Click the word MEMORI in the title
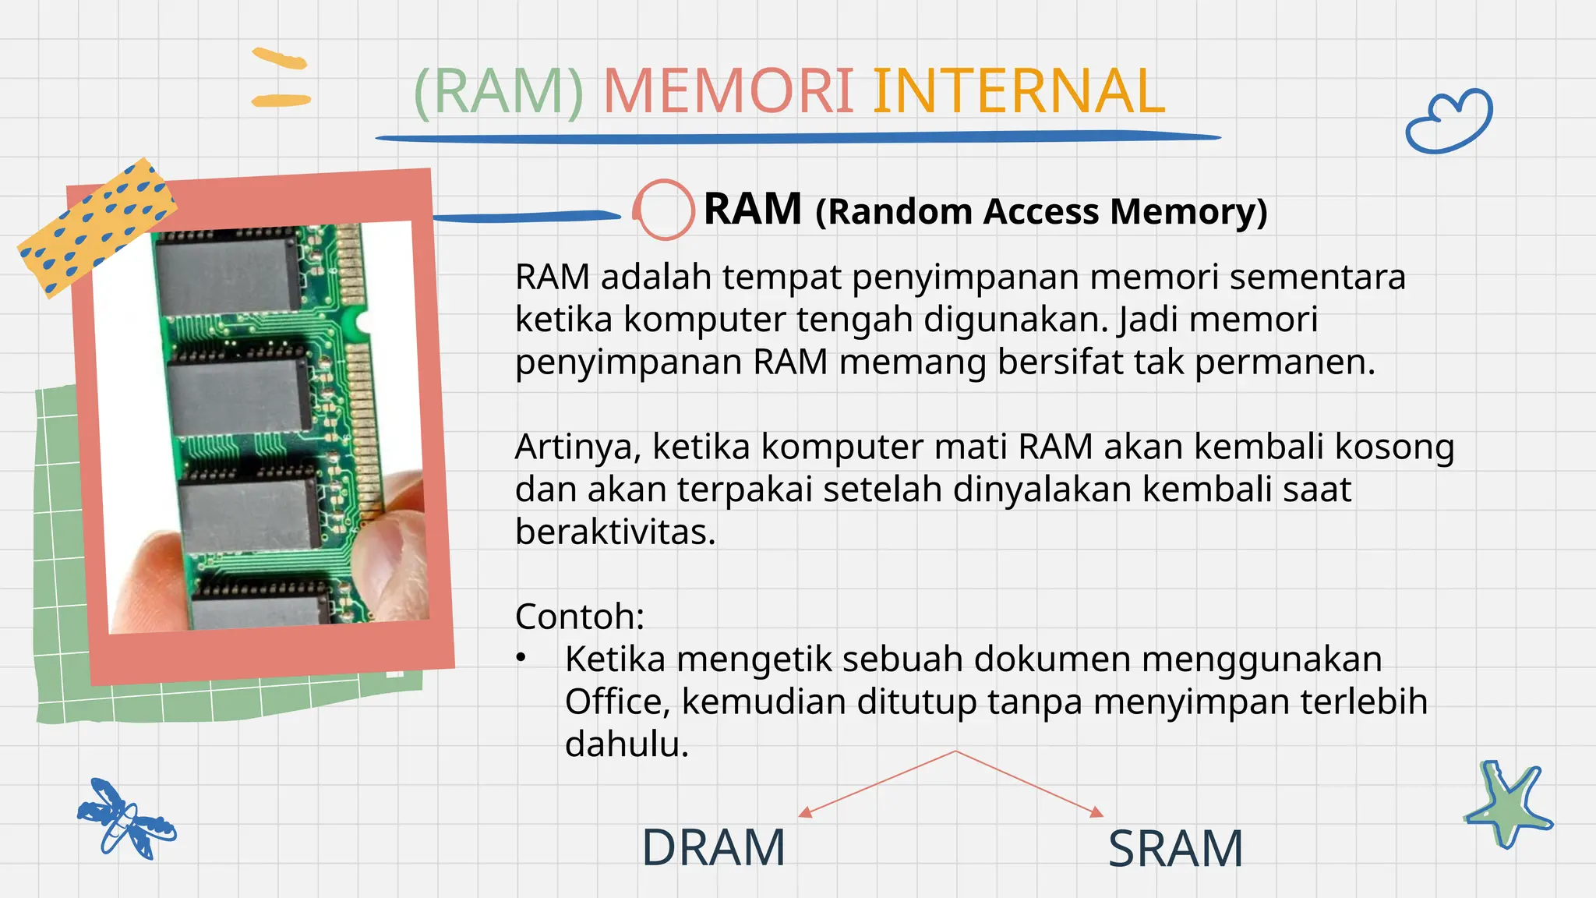pyautogui.click(x=728, y=92)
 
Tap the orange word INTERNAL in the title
pyautogui.click(x=1018, y=92)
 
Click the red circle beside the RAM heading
pyautogui.click(x=664, y=209)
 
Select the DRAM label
pyautogui.click(x=713, y=848)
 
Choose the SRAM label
pyautogui.click(x=1175, y=849)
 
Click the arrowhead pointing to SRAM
pyautogui.click(x=1096, y=812)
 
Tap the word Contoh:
pyautogui.click(x=580, y=617)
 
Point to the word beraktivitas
pyautogui.click(x=615, y=532)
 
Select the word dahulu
pyautogui.click(x=627, y=744)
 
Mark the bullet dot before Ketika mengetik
pyautogui.click(x=521, y=659)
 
